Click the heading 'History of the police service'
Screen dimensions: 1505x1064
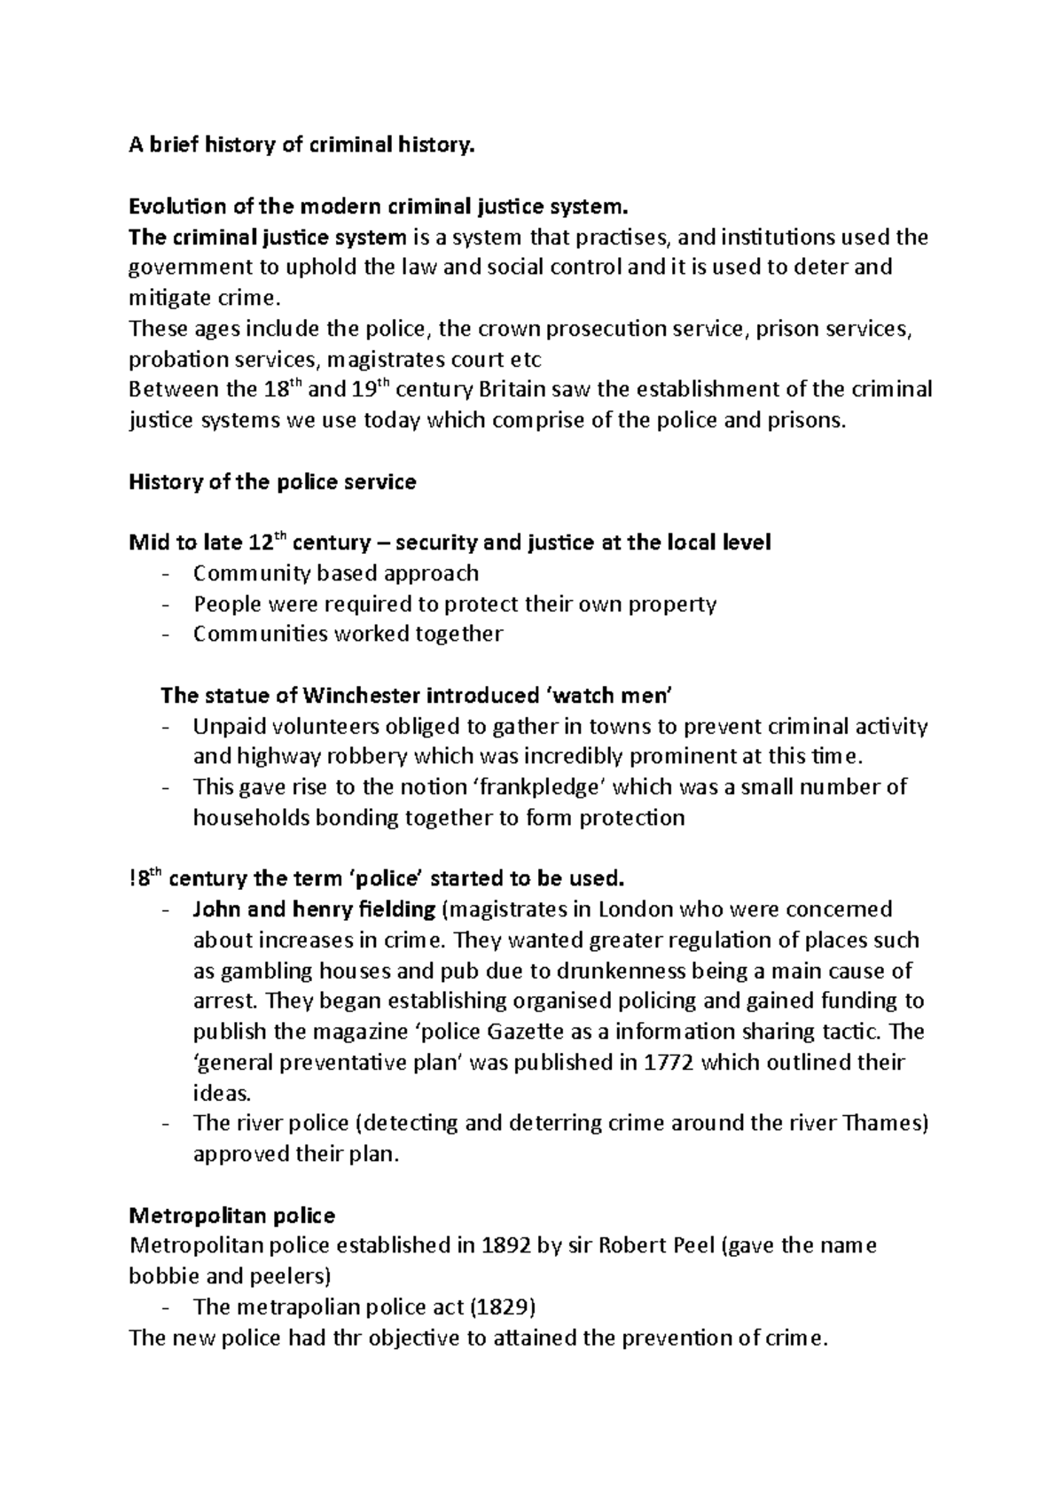pyautogui.click(x=272, y=482)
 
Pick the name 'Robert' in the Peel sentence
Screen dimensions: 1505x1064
pyautogui.click(x=637, y=1245)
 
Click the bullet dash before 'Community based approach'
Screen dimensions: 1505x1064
pyautogui.click(x=166, y=574)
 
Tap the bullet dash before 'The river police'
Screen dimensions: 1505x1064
pyautogui.click(x=166, y=1125)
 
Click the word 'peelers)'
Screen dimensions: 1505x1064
pyautogui.click(x=286, y=1276)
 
